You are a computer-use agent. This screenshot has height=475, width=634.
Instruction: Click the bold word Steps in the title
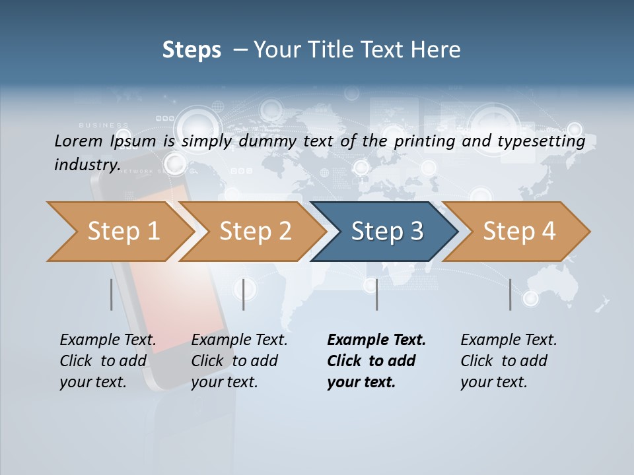pyautogui.click(x=192, y=50)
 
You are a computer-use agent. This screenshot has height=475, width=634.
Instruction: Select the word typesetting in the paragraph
pyautogui.click(x=546, y=141)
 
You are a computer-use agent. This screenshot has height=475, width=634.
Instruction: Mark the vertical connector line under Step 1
pyautogui.click(x=111, y=294)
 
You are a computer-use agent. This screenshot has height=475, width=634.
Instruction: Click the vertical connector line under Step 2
pyautogui.click(x=244, y=294)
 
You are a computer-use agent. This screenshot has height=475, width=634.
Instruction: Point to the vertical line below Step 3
pyautogui.click(x=376, y=294)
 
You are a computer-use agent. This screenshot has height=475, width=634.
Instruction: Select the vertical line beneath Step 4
pyautogui.click(x=510, y=294)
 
